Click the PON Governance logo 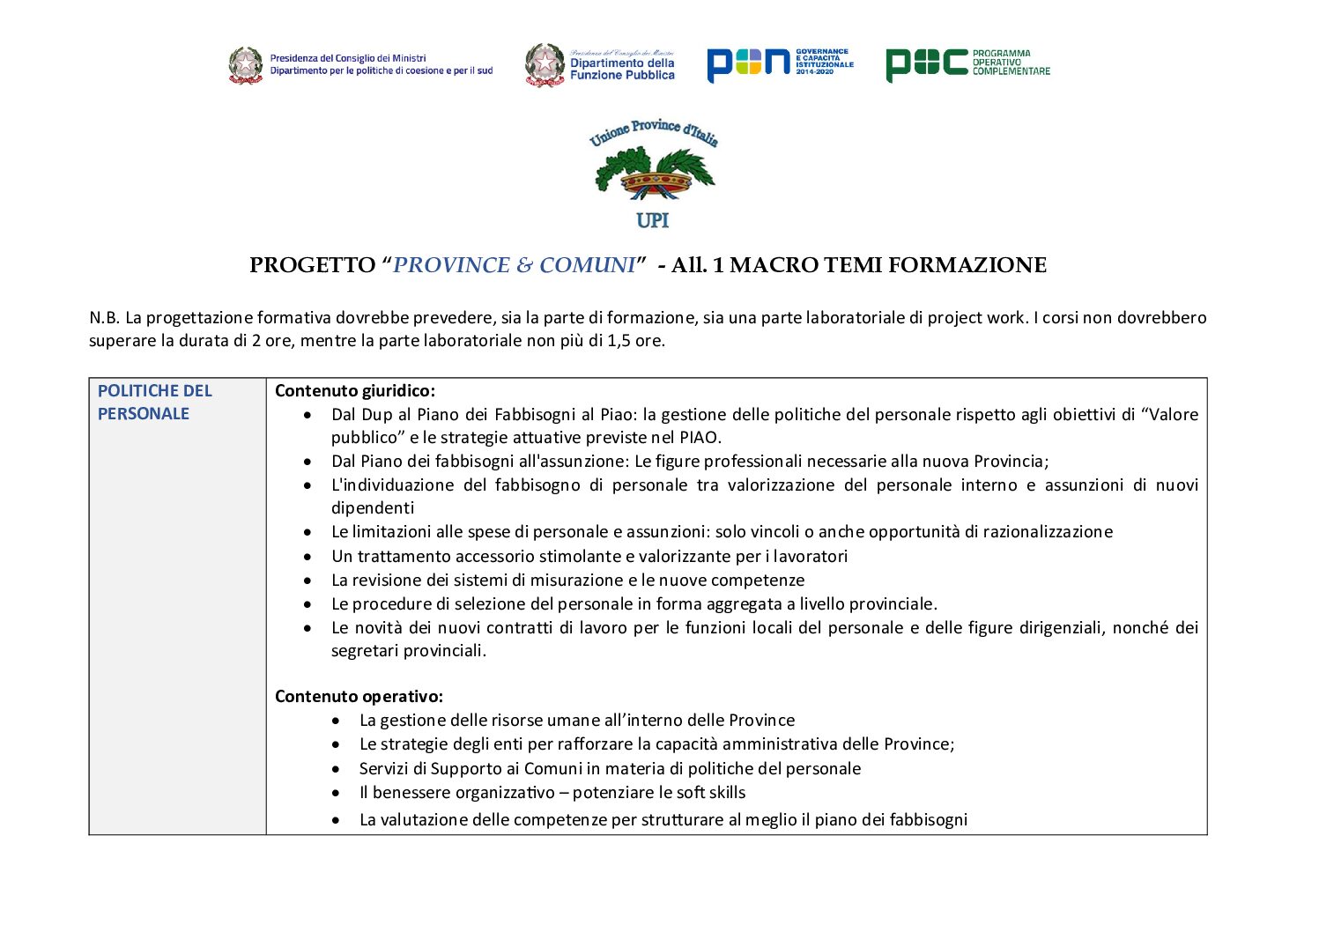click(x=779, y=63)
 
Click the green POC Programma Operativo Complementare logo click(x=967, y=63)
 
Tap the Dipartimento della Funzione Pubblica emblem click(x=545, y=65)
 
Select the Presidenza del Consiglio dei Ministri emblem click(x=246, y=65)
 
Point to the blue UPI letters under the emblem click(x=652, y=220)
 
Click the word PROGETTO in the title click(x=312, y=265)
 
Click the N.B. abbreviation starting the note click(x=104, y=318)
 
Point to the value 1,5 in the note click(x=619, y=341)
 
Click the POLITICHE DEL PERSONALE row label click(x=155, y=402)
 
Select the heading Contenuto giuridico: click(x=355, y=390)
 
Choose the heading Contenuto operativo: click(x=359, y=696)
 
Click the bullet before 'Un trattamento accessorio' click(x=307, y=557)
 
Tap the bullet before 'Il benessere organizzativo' click(x=336, y=794)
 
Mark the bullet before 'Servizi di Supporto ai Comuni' click(x=336, y=769)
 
